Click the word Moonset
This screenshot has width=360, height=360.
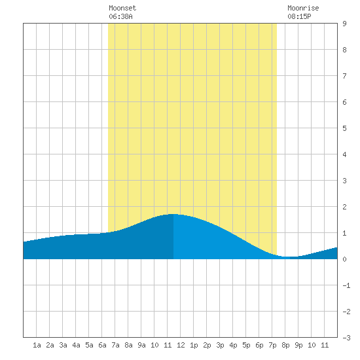tap(122, 8)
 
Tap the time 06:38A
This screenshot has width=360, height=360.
tap(120, 16)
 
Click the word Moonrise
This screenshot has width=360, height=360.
tap(303, 8)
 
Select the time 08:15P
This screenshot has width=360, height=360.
tap(299, 16)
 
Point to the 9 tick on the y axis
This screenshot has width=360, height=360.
tap(344, 24)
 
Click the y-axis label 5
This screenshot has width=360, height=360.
tap(344, 128)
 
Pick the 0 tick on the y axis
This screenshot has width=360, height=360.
tap(344, 259)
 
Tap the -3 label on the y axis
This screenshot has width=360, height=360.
tap(346, 338)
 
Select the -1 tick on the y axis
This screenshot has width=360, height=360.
tap(346, 285)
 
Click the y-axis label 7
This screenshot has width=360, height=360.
tap(344, 76)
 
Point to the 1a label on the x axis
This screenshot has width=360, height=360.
tap(37, 345)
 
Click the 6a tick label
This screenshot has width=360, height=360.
tap(102, 345)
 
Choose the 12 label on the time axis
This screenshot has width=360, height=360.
tap(181, 345)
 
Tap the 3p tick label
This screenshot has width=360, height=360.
tap(220, 345)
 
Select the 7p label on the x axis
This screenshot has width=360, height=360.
tap(272, 345)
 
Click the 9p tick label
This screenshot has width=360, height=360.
tap(298, 345)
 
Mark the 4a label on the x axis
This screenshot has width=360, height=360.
tap(76, 345)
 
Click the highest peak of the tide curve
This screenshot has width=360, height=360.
tap(173, 214)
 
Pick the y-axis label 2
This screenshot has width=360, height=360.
tap(344, 207)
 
